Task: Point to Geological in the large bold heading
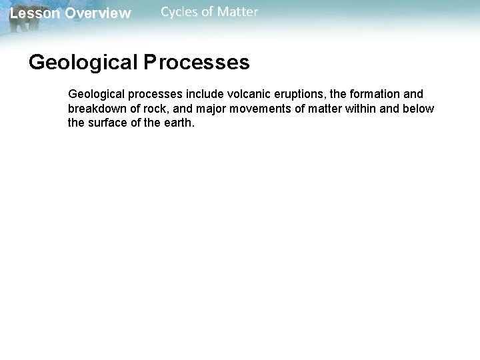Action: coord(83,63)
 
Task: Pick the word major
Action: coord(207,109)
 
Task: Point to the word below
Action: coord(419,109)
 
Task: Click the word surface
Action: coord(109,123)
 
